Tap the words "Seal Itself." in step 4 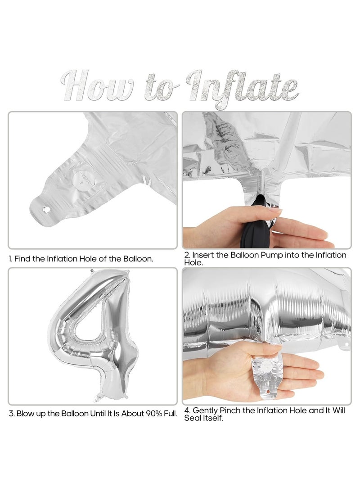(204, 418)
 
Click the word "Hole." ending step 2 (193, 263)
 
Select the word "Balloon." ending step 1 (138, 259)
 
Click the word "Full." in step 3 (170, 414)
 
